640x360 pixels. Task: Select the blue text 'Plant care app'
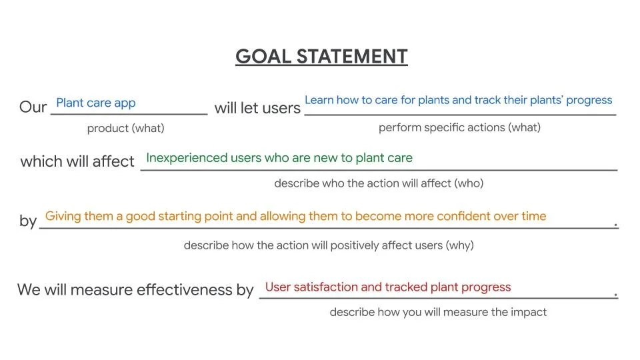95,103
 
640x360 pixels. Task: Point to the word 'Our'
33,107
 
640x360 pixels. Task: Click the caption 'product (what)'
125,128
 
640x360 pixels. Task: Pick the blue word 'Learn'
319,100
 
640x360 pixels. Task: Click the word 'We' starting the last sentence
29,290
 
